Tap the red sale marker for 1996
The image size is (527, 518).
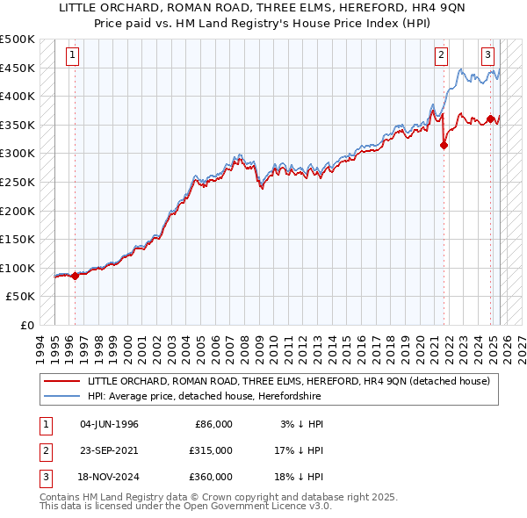(x=75, y=276)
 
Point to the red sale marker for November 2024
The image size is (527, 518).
(x=490, y=119)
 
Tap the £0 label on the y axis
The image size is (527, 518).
(x=27, y=325)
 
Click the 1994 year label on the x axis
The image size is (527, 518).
(x=40, y=345)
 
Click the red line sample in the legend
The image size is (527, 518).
(x=61, y=381)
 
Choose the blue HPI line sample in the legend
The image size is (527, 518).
(x=61, y=396)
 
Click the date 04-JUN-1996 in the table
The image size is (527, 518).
(x=109, y=424)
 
